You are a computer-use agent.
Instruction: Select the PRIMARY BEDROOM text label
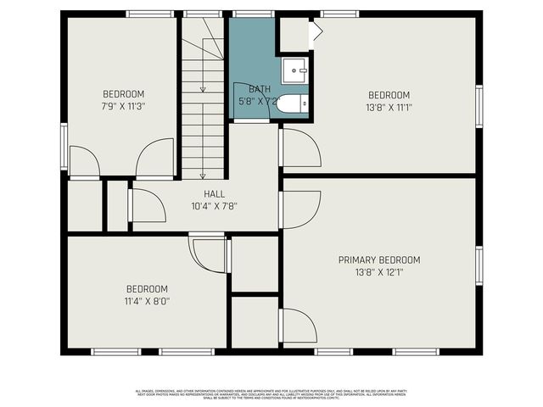[x=379, y=260]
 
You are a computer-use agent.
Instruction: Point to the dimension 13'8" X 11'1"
[x=389, y=108]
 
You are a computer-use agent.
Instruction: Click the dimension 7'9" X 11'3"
[x=124, y=107]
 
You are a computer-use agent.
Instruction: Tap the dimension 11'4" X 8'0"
[x=147, y=301]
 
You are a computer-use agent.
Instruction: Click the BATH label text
[x=260, y=89]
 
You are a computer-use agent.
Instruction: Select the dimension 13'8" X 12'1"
[x=379, y=273]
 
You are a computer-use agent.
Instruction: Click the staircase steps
[x=202, y=127]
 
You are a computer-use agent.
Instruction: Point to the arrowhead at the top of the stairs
[x=202, y=89]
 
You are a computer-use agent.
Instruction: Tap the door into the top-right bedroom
[x=299, y=148]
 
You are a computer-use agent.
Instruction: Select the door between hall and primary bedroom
[x=299, y=209]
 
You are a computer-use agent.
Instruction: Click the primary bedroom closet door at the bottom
[x=299, y=326]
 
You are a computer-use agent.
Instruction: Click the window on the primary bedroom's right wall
[x=479, y=265]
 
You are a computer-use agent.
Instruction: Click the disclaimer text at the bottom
[x=271, y=393]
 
